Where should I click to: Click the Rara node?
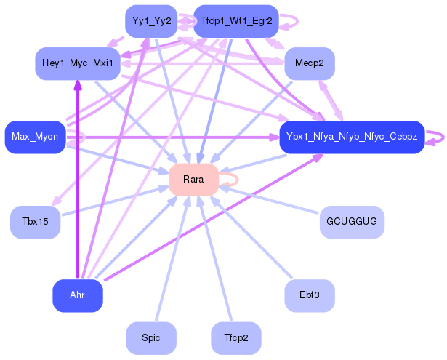[x=193, y=180]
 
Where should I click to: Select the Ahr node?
[x=78, y=295]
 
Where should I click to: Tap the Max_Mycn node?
[x=36, y=137]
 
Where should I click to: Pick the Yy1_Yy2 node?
[x=151, y=21]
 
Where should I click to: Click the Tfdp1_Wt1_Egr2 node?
[x=236, y=21]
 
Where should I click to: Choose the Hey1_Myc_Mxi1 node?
[x=78, y=63]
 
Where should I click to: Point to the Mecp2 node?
[x=310, y=63]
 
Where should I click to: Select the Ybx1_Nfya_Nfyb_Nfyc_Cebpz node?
[x=352, y=137]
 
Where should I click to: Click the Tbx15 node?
[x=36, y=222]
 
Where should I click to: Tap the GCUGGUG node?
[x=352, y=222]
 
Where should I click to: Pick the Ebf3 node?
[x=310, y=295]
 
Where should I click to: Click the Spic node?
[x=151, y=338]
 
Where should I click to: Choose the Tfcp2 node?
[x=236, y=338]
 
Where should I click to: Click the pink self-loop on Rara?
[x=238, y=180]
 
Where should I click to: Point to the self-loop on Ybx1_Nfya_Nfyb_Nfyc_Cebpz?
[x=443, y=137]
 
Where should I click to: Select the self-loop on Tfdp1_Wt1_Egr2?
[x=297, y=21]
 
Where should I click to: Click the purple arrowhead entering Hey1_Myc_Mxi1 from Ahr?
[x=78, y=85]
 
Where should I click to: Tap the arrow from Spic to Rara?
[x=173, y=258]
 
